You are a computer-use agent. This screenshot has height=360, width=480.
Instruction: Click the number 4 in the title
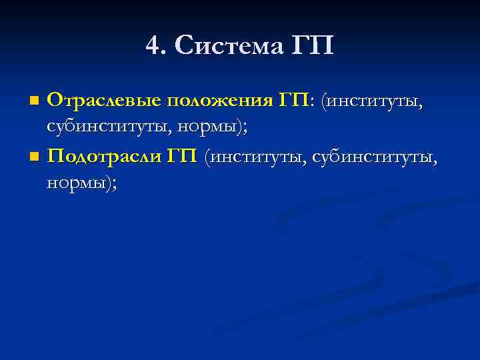[153, 46]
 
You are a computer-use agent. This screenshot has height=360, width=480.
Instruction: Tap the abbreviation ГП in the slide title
[313, 46]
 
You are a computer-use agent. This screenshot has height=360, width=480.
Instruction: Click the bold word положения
[219, 101]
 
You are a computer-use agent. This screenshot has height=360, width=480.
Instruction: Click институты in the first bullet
[373, 101]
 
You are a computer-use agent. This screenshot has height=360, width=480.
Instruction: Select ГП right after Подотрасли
[181, 157]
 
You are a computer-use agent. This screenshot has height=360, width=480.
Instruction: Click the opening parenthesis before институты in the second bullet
[209, 158]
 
